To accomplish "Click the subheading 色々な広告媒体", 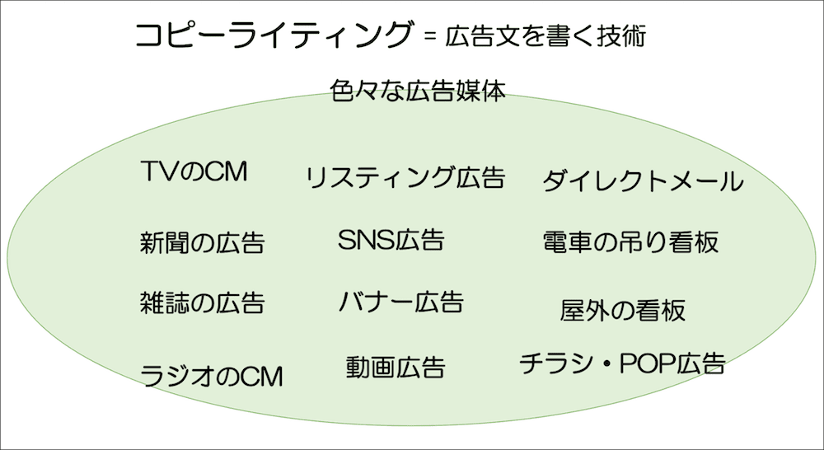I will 417,89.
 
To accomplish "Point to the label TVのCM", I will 194,172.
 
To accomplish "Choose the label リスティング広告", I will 404,177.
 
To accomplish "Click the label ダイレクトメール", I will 643,181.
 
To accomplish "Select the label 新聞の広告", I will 202,242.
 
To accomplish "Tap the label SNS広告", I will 391,239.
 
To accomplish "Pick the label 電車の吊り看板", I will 630,241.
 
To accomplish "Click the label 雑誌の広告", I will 202,302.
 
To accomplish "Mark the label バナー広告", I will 400,302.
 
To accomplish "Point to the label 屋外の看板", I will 622,311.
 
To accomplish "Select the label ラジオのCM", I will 212,376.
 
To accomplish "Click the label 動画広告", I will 396,367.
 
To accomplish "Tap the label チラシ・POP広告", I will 622,363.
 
